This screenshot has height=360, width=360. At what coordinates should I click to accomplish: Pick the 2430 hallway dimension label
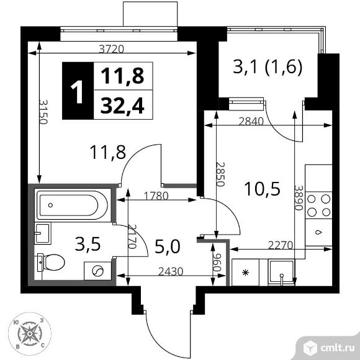164,270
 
